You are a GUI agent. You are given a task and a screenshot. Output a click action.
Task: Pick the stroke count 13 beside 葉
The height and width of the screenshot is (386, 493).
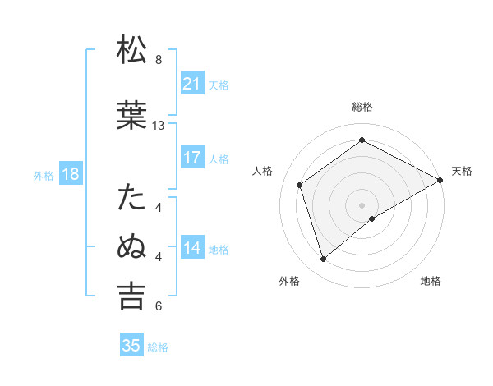[x=159, y=126]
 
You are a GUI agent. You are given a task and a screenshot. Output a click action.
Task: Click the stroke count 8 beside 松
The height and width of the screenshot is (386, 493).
[x=159, y=60]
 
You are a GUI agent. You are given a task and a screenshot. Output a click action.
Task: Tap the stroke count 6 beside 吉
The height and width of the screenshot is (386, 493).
[x=159, y=306]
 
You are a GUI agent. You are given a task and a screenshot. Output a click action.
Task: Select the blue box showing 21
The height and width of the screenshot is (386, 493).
[x=191, y=84]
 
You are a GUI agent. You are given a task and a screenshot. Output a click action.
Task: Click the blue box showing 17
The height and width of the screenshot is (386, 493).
[x=191, y=158]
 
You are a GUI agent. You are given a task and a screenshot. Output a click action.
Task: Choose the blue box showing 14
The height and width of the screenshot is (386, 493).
[x=191, y=248]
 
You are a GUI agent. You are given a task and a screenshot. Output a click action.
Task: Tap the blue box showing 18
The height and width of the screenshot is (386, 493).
[x=70, y=174]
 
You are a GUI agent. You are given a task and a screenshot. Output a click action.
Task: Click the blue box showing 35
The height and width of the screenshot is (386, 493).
[x=131, y=346]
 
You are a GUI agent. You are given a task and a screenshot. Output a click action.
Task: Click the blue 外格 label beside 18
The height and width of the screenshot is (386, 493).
[x=44, y=175]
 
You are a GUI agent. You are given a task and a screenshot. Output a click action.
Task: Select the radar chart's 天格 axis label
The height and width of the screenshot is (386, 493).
[x=462, y=171]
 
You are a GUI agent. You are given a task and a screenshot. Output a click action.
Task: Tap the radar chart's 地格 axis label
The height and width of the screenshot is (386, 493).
[x=431, y=281]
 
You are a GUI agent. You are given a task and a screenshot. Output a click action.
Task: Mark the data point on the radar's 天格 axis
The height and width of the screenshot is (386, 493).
[x=440, y=180]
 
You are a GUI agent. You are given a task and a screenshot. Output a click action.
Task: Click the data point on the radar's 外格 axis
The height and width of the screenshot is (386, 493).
[x=323, y=260]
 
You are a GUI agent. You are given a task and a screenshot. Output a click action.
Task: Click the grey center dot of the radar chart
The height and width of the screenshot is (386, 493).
[x=362, y=204]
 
